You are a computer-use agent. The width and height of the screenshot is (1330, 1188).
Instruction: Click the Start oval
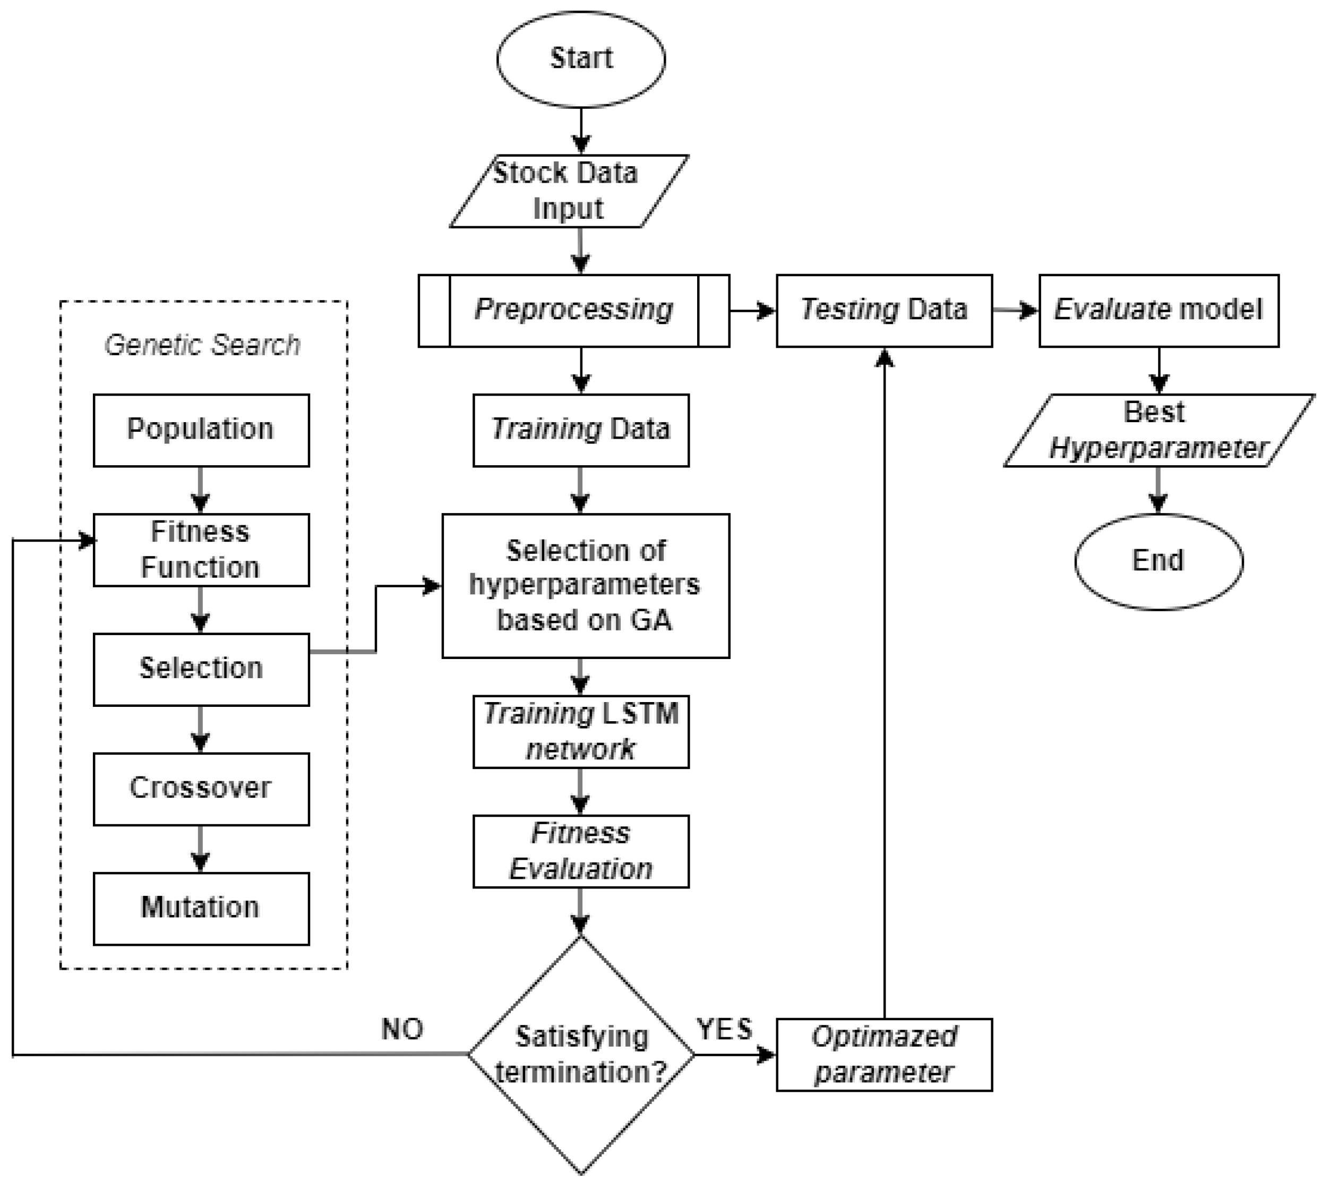pyautogui.click(x=581, y=59)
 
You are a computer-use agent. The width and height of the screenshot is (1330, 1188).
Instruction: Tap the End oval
pyautogui.click(x=1159, y=561)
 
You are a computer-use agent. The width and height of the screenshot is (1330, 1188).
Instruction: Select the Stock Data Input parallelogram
pyautogui.click(x=568, y=191)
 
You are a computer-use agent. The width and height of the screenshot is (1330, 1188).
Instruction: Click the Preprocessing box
pyautogui.click(x=573, y=310)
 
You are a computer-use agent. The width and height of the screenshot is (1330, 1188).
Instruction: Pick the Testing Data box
pyautogui.click(x=883, y=310)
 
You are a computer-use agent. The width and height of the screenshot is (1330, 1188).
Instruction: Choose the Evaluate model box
pyautogui.click(x=1159, y=310)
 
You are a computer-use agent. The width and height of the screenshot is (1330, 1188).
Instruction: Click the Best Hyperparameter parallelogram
pyautogui.click(x=1159, y=430)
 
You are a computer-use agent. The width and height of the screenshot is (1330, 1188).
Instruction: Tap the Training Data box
pyautogui.click(x=581, y=430)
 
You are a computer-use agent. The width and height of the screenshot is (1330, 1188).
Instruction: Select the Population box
pyautogui.click(x=201, y=430)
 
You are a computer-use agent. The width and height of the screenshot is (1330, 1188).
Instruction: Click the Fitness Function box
pyautogui.click(x=201, y=550)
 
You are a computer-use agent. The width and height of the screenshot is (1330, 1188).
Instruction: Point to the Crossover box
pyautogui.click(x=201, y=789)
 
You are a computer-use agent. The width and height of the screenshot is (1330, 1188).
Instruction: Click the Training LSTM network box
pyautogui.click(x=581, y=731)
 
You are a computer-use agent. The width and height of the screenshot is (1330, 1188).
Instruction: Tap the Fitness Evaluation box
pyautogui.click(x=581, y=851)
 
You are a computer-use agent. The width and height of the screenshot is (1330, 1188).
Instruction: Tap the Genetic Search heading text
pyautogui.click(x=202, y=345)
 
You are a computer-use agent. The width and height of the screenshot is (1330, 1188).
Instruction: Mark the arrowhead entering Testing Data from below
pyautogui.click(x=883, y=358)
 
